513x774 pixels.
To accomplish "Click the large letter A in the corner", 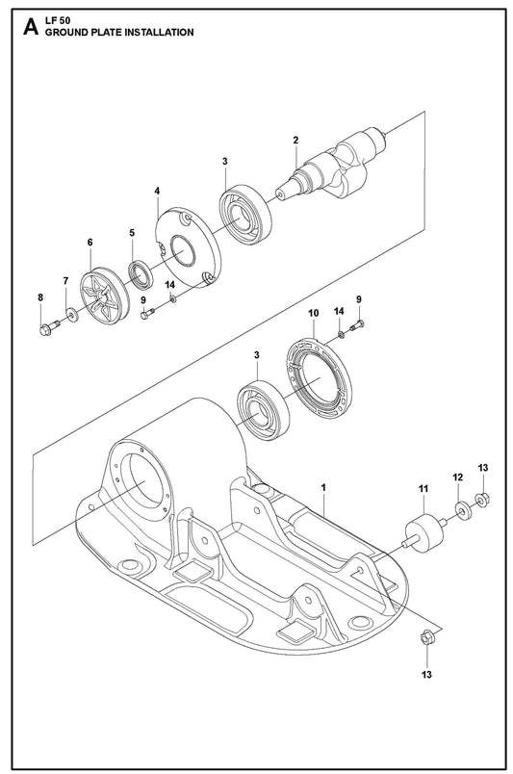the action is tap(31, 27).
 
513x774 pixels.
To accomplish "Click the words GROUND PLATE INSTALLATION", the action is tap(119, 33).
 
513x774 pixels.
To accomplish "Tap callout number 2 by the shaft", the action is tap(295, 141).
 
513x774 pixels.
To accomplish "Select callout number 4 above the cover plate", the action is tap(157, 191).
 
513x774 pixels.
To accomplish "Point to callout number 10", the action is tap(314, 313).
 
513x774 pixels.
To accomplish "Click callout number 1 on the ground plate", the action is tap(323, 487).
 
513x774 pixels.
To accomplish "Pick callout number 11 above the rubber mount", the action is tap(423, 489).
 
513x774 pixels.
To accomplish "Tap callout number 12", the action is tap(458, 477).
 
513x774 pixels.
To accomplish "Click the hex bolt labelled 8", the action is tap(48, 327).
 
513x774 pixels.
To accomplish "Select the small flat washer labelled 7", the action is tap(72, 314).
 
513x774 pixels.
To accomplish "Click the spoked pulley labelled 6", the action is tap(104, 296).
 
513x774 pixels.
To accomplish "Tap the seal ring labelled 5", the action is tap(141, 274).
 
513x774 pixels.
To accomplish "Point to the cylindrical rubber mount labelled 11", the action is tap(423, 533).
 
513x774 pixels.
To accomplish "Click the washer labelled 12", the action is tap(463, 510).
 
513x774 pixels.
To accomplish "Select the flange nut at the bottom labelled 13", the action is tap(426, 637).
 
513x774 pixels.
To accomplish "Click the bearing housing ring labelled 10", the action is tap(319, 378).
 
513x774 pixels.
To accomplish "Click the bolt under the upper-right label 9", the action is tap(357, 325).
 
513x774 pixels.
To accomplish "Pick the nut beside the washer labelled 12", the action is tap(482, 501).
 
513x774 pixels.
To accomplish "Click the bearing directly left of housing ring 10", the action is tap(263, 410).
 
